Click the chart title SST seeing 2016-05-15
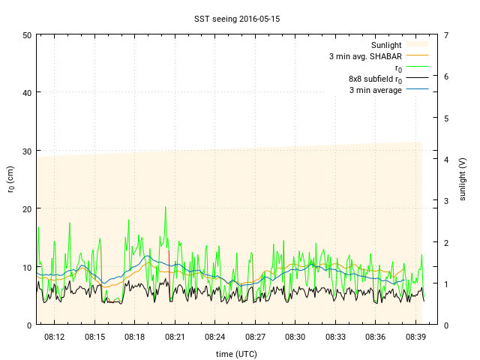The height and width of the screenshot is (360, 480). point(240,17)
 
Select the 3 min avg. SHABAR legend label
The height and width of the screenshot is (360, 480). point(365,56)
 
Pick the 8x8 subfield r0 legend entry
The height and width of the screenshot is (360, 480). point(375,79)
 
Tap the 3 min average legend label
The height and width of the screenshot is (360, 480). point(375,90)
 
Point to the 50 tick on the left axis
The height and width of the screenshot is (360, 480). point(27,35)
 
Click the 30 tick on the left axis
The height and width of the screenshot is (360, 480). point(27,151)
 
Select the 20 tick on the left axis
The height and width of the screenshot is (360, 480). point(27,208)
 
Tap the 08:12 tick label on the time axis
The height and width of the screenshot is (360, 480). point(55,337)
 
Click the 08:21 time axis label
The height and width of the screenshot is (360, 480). point(175,337)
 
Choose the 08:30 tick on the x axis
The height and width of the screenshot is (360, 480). point(295,337)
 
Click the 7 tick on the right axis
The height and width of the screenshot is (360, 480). point(446,35)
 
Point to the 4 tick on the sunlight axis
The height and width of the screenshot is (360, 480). point(446,159)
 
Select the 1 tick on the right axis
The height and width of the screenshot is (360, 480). point(446,283)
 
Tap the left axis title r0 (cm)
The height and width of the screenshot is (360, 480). point(10,179)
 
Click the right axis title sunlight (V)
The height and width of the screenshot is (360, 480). point(463,179)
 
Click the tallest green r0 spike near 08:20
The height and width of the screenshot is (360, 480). point(166,208)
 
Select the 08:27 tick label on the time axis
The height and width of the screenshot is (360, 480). point(255,337)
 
